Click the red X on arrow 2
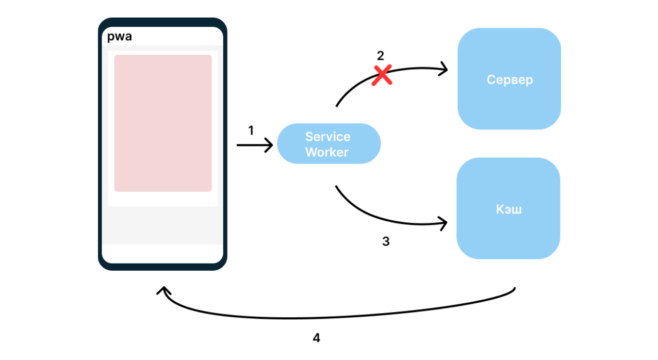(x=382, y=75)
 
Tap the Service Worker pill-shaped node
(x=329, y=144)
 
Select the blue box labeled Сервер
(x=509, y=78)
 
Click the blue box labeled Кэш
(x=508, y=208)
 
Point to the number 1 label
(x=251, y=130)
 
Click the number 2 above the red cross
(x=381, y=56)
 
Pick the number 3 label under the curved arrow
(x=386, y=241)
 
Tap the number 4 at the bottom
(x=317, y=338)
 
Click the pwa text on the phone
(x=119, y=37)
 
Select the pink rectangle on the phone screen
(x=163, y=123)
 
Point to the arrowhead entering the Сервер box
(x=444, y=69)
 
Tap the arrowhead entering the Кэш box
(x=443, y=223)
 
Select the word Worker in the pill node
(x=327, y=152)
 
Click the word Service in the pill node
(x=327, y=137)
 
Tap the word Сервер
(x=509, y=80)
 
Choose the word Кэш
(x=508, y=209)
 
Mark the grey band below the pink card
(x=163, y=225)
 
